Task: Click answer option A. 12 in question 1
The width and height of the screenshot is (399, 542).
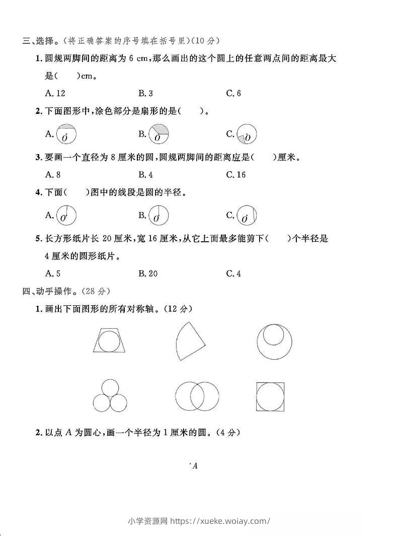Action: (x=55, y=93)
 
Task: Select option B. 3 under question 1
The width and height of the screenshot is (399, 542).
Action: (x=145, y=93)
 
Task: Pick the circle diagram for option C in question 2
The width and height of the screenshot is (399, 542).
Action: (x=247, y=134)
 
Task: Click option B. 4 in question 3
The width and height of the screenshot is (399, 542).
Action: (x=145, y=175)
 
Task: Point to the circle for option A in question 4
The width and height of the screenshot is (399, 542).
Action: (x=66, y=216)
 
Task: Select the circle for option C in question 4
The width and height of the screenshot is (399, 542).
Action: (x=247, y=216)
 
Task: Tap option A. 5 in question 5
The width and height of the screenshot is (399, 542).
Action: (x=53, y=274)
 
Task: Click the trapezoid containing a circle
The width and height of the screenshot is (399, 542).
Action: (x=109, y=340)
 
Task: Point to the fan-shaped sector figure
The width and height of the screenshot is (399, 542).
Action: (x=190, y=341)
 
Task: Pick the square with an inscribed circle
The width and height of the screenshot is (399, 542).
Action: (x=270, y=397)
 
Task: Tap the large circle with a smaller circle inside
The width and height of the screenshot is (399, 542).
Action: (x=274, y=341)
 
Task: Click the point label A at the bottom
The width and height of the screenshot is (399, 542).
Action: (x=195, y=466)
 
